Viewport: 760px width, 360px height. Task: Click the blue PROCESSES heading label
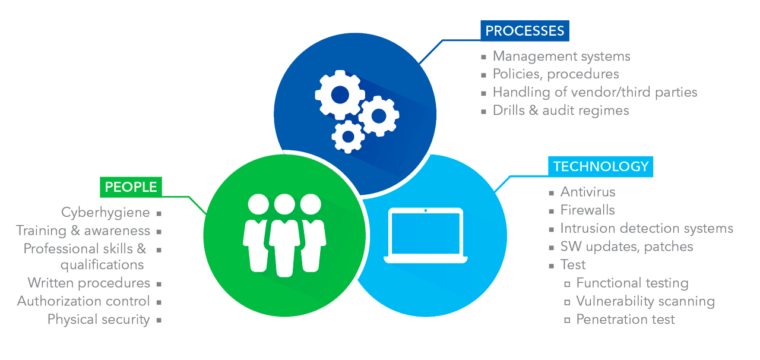coord(525,31)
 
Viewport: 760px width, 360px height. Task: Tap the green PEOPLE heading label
coord(131,187)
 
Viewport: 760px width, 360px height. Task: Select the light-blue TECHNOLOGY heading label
coord(600,166)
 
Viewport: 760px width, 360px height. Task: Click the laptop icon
coord(425,236)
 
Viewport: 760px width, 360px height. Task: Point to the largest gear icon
coord(340,94)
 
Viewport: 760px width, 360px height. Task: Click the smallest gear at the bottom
coord(348,137)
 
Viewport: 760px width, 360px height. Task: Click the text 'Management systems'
coord(561,56)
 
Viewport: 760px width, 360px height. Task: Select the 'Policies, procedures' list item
coord(556,74)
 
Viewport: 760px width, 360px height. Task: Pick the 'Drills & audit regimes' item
coord(560,110)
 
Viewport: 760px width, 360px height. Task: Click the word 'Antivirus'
coord(588,192)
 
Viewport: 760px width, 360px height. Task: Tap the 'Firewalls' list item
coord(588,210)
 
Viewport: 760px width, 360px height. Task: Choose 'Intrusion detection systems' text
coord(647,229)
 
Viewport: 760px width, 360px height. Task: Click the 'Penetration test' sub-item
coord(625,320)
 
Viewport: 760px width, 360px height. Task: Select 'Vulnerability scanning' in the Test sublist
coord(645,301)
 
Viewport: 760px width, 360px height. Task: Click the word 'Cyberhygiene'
coord(105,213)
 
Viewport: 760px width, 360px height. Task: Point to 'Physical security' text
coord(99,320)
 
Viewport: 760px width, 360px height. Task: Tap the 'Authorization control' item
coord(84,301)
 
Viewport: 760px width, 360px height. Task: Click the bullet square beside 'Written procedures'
coord(159,284)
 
